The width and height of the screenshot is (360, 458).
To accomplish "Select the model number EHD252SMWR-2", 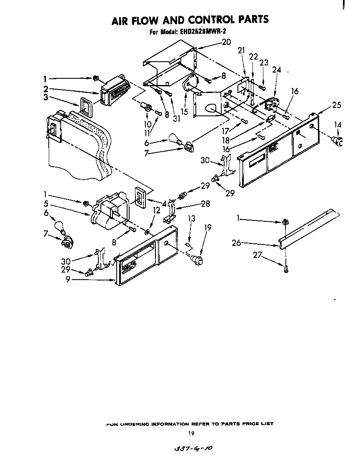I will pos(203,31).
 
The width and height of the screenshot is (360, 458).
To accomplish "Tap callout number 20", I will pos(226,42).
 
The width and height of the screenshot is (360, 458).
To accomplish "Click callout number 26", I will pos(236,243).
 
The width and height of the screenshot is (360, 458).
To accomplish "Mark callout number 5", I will pos(45,204).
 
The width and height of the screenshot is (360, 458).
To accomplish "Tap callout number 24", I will pos(277,70).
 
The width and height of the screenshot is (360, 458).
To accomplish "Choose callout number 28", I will pos(205,204).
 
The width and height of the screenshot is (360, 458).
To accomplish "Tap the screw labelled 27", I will pos(286,269).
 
